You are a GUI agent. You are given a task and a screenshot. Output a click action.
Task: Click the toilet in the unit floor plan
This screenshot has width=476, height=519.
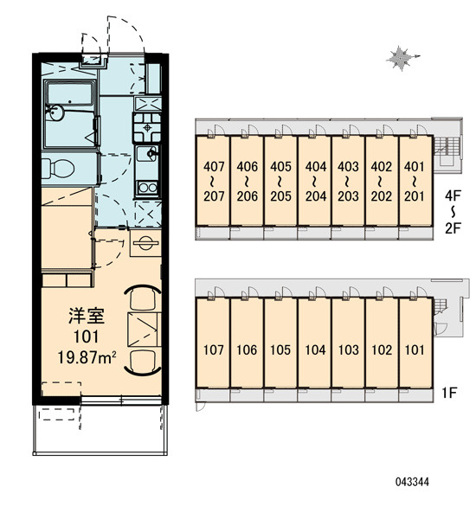[x=58, y=168]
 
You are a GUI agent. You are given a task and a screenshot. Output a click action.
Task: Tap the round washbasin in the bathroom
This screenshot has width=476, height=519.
[x=54, y=112]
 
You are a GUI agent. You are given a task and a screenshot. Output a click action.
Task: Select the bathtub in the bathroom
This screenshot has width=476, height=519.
[x=69, y=93]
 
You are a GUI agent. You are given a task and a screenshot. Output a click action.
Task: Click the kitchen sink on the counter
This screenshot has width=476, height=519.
[x=147, y=153]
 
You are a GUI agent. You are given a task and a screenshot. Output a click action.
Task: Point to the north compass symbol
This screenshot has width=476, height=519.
[x=402, y=58]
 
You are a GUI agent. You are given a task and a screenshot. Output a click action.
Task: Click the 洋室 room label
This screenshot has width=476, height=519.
[x=87, y=316]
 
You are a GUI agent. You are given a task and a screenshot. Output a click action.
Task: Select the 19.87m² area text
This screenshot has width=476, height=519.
[x=87, y=357]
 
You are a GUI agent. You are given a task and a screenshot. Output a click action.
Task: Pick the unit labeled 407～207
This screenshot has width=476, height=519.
[x=213, y=181]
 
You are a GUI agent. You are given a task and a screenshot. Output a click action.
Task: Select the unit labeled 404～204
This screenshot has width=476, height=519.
[x=314, y=181]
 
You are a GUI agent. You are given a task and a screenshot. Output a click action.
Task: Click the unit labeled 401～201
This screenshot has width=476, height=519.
[x=415, y=181]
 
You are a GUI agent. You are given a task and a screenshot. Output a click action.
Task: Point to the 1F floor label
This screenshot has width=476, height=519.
[x=449, y=393]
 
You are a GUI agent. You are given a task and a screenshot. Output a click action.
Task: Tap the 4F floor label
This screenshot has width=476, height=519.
[x=453, y=195]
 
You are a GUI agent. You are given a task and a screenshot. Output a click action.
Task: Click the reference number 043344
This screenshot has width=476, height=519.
[x=412, y=481]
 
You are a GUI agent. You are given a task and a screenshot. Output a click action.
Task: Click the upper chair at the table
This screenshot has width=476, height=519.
[x=143, y=297]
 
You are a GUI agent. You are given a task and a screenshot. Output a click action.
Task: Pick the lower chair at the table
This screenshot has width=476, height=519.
[x=143, y=362]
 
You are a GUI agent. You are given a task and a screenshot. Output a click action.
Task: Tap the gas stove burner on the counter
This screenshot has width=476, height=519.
[x=147, y=127]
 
